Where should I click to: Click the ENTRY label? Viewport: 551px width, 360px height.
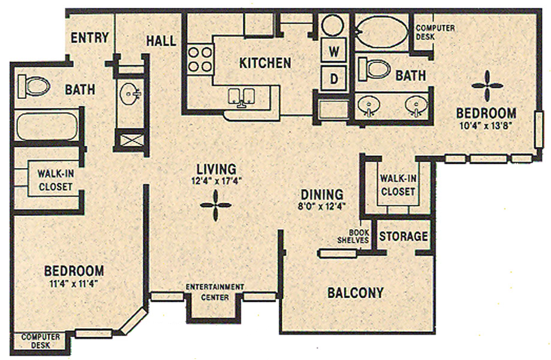(89, 37)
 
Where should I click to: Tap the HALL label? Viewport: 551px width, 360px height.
(161, 41)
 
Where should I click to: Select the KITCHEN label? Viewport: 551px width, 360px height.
(265, 63)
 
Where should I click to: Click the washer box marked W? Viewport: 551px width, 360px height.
(334, 52)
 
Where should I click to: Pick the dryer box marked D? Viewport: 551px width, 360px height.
(334, 78)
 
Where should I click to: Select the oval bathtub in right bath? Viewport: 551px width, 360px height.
(382, 32)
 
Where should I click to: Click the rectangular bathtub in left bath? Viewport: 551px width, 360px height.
(47, 126)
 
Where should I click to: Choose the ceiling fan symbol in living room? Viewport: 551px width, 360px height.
(215, 205)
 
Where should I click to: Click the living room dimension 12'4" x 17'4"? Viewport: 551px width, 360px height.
(216, 181)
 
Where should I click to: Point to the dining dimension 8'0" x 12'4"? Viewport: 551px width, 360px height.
(322, 206)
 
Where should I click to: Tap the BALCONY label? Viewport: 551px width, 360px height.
(356, 293)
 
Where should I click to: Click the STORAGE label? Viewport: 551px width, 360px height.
(404, 236)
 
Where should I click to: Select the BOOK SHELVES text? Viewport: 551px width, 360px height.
(353, 236)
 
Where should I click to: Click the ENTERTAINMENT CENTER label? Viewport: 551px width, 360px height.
(215, 292)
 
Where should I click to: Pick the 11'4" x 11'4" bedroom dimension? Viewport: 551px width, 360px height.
(74, 283)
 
